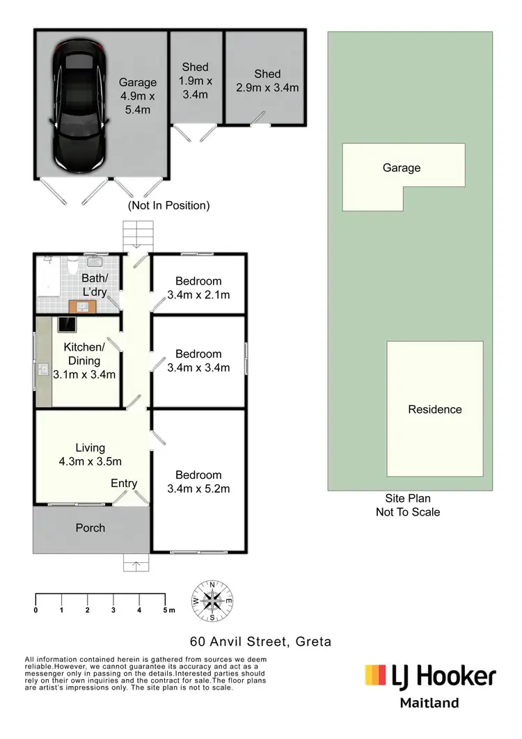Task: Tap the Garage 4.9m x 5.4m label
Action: point(137,96)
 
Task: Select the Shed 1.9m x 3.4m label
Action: point(196,81)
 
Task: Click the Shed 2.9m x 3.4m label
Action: point(267,81)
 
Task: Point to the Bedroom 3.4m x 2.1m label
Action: point(198,288)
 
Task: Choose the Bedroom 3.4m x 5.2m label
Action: point(198,482)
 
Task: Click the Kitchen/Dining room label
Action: point(84,360)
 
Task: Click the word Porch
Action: point(90,528)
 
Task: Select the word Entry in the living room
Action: point(124,484)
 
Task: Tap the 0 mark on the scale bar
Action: point(35,610)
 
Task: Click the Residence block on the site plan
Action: point(434,409)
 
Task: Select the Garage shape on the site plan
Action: point(402,168)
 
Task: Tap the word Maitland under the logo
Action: point(429,703)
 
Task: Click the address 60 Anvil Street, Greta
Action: point(261,642)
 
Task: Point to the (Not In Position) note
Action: point(168,206)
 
